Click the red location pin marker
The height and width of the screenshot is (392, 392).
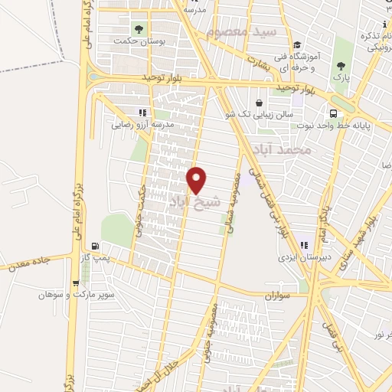(198, 179)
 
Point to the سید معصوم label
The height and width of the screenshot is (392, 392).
(243, 32)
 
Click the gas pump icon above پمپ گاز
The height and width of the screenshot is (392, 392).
(95, 247)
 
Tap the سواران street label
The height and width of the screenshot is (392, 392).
(279, 294)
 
